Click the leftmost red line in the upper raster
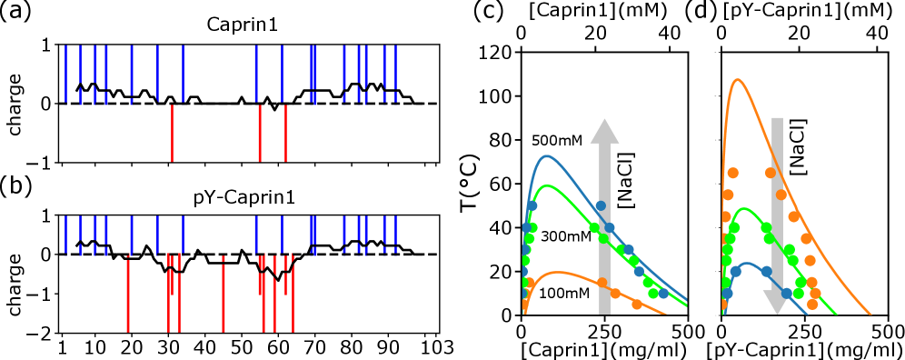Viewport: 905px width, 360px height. [172, 133]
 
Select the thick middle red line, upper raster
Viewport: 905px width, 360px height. [259, 133]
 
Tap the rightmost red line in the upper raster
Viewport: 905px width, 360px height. [285, 133]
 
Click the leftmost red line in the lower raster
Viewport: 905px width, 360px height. [128, 295]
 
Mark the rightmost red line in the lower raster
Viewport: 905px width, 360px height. [293, 295]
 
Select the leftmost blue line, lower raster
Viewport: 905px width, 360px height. [65, 235]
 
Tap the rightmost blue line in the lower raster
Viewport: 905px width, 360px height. [396, 235]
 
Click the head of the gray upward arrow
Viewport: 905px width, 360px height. [604, 131]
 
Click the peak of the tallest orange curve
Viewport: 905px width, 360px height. [737, 80]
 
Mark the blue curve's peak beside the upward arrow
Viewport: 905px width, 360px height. [546, 155]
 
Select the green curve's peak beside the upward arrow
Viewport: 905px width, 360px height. [546, 185]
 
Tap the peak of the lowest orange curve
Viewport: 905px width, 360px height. [553, 272]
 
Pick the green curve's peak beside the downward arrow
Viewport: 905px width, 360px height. [744, 208]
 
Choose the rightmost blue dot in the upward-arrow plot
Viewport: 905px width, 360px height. [663, 294]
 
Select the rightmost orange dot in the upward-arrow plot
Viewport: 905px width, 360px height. [637, 305]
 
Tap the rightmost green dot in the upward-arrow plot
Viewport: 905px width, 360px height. [652, 293]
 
